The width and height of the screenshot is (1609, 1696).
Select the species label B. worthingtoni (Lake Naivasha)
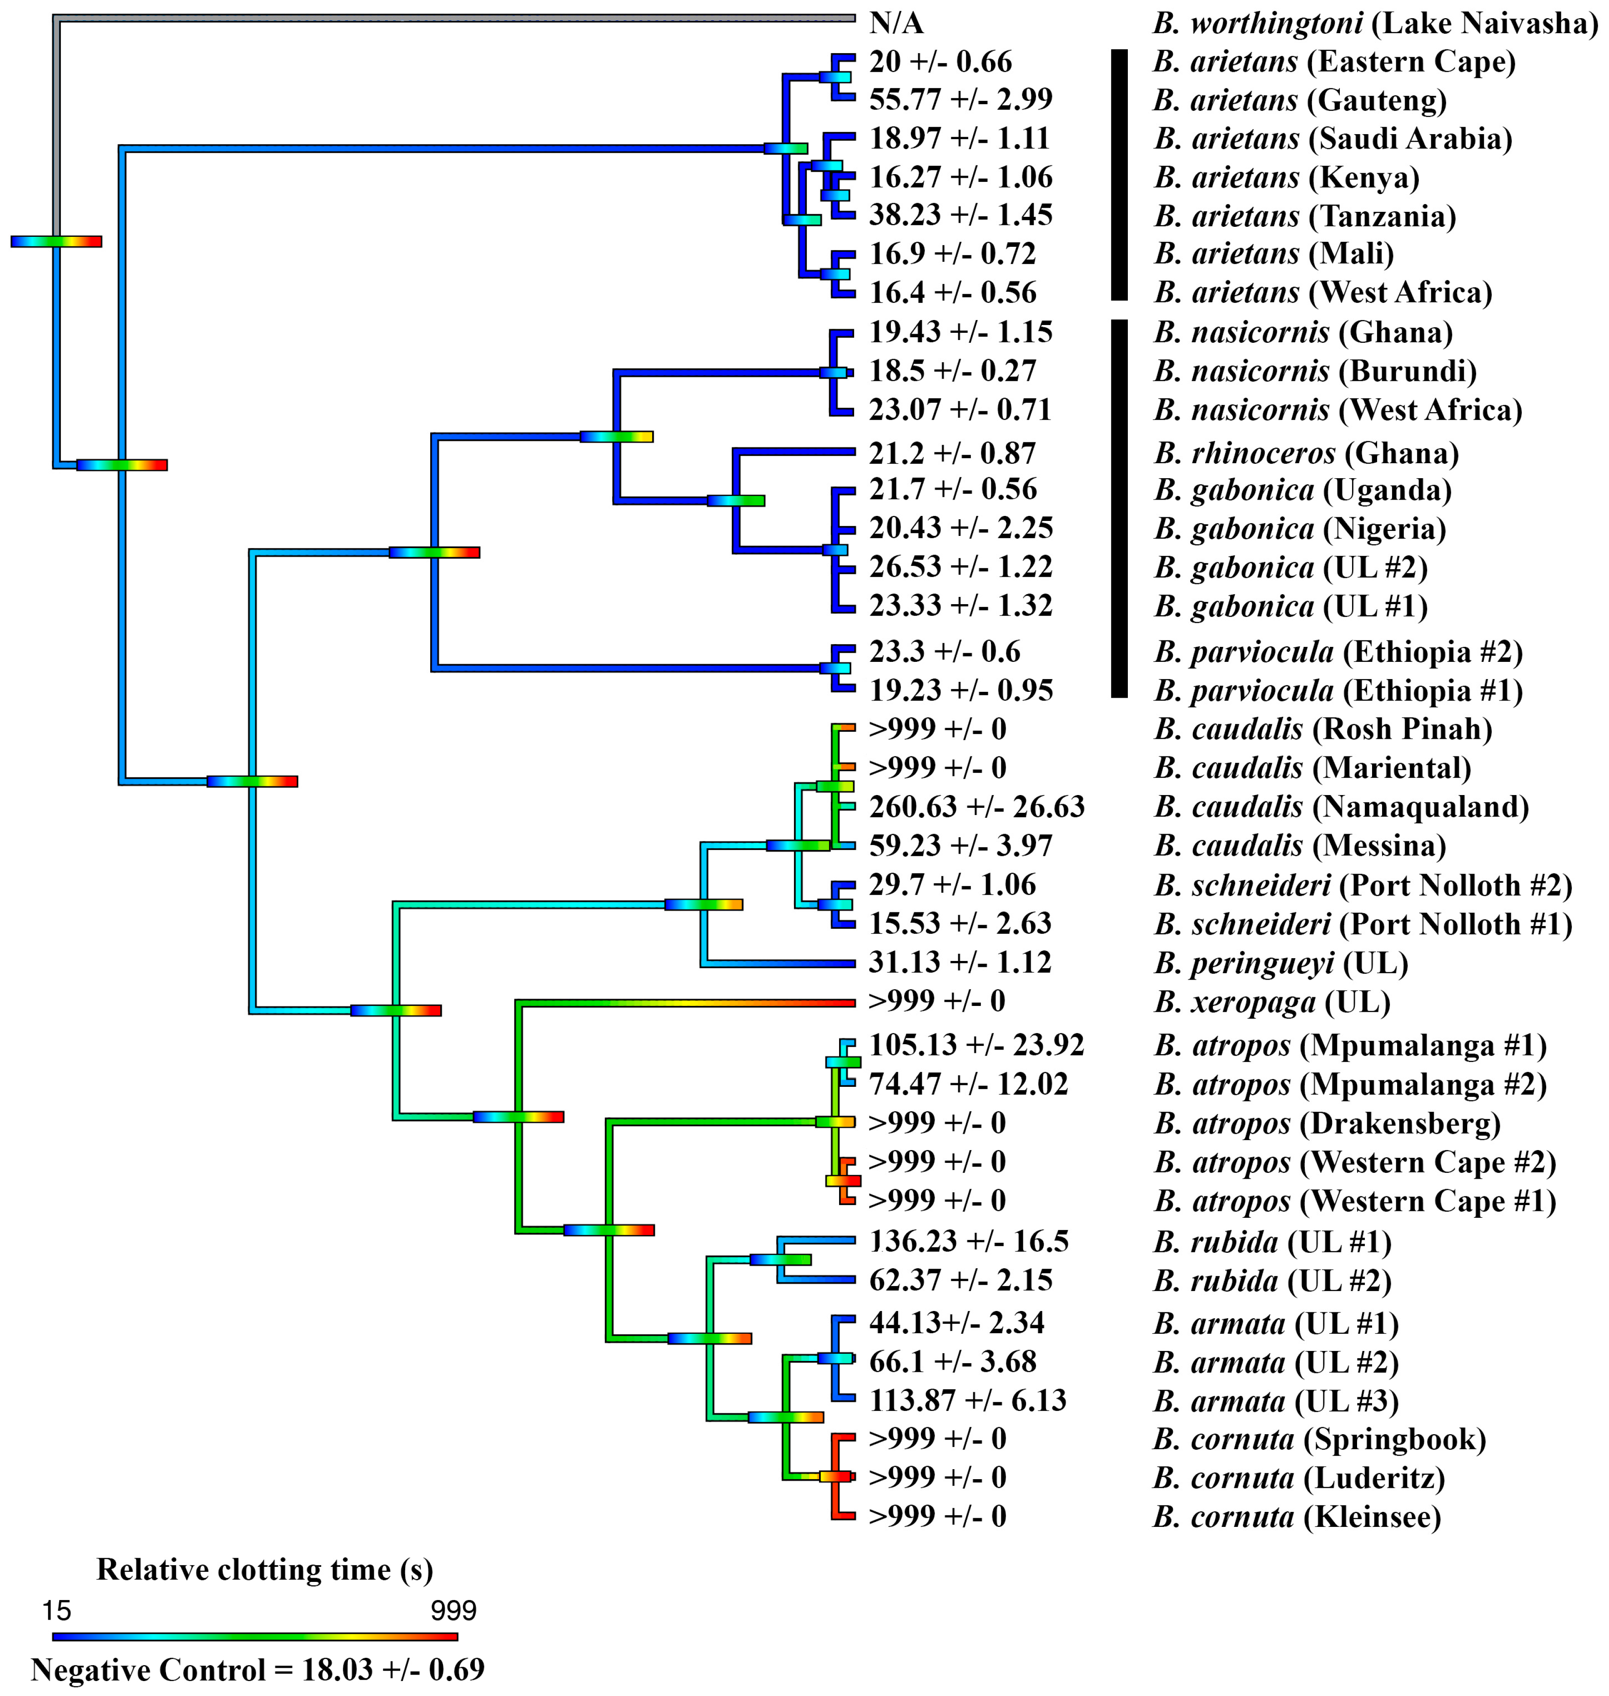pyautogui.click(x=1375, y=23)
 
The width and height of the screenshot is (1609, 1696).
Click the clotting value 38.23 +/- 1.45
pyautogui.click(x=960, y=215)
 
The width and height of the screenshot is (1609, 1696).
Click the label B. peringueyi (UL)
pyautogui.click(x=1281, y=963)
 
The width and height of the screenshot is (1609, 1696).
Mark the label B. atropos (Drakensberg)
pyautogui.click(x=1327, y=1123)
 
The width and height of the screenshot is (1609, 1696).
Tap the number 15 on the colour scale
pyautogui.click(x=56, y=1610)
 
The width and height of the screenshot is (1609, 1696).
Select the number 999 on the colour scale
pyautogui.click(x=453, y=1610)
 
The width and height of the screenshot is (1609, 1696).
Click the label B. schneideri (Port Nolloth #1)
pyautogui.click(x=1363, y=924)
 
